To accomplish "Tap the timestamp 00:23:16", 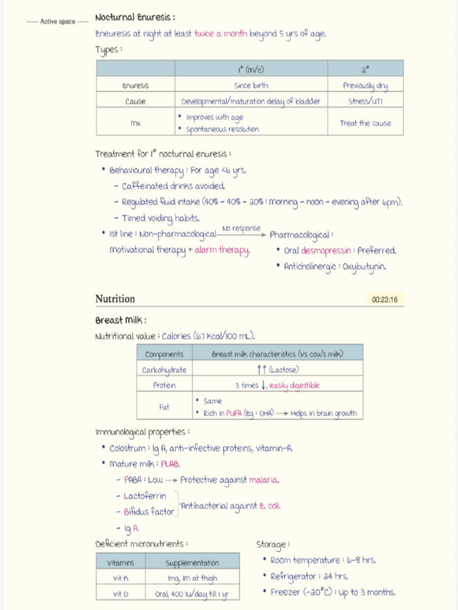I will click(385, 300).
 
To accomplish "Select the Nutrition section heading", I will click(115, 299).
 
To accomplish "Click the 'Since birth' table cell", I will click(251, 86).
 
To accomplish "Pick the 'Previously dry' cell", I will click(365, 86).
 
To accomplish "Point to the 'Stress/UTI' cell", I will click(365, 101).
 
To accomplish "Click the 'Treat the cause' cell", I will click(365, 123).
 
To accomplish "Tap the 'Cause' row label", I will click(135, 101).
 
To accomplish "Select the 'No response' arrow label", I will click(242, 229).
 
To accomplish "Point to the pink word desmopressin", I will click(326, 251).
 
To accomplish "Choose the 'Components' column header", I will click(164, 354).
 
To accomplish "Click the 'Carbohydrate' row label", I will click(164, 370).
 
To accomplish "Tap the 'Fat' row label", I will click(164, 407).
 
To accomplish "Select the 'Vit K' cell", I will click(121, 578).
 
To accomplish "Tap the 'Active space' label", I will click(58, 21).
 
